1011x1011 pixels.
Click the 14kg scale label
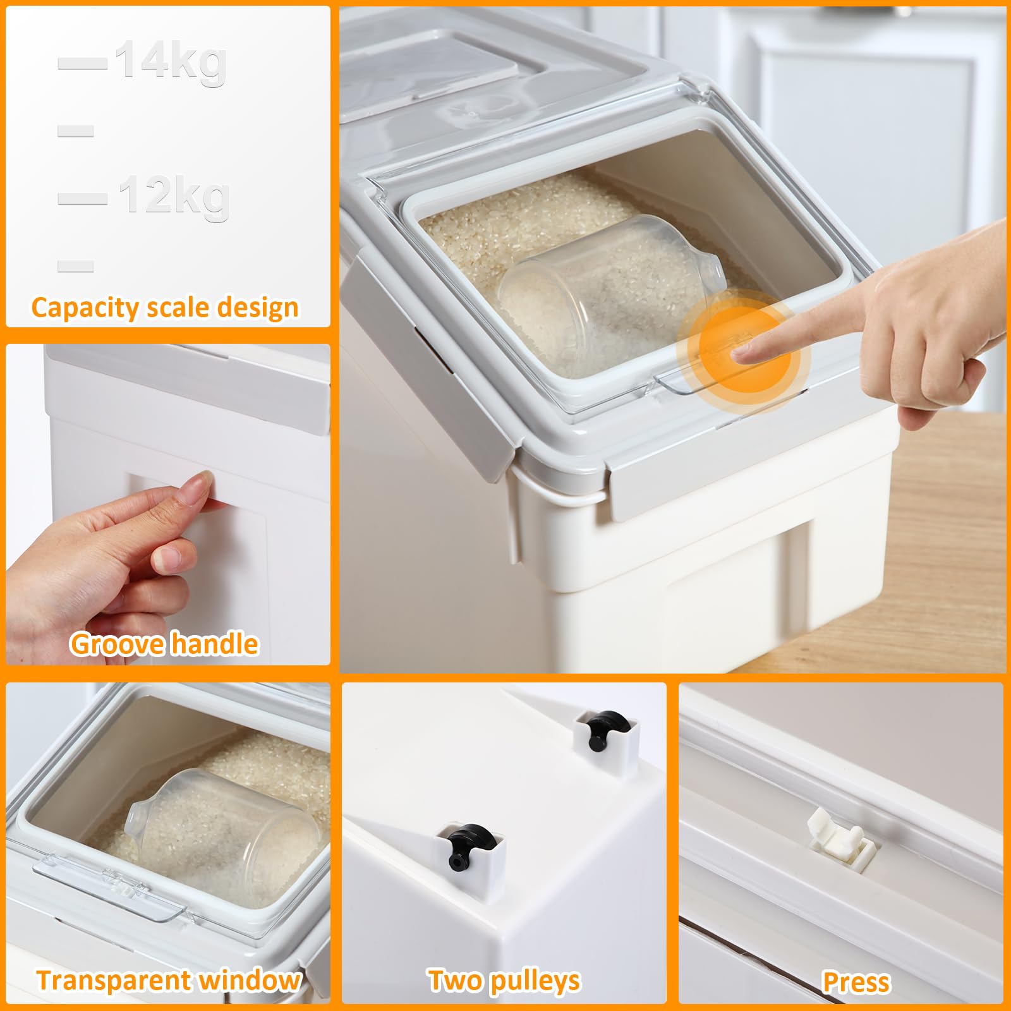[x=171, y=62]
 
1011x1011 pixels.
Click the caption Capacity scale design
[x=165, y=308]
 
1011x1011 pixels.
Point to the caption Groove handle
[x=164, y=644]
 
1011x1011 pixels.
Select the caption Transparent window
[x=168, y=980]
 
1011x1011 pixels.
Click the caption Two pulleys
[x=504, y=981]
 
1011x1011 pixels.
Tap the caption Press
[x=856, y=982]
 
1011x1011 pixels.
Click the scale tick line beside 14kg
[x=83, y=63]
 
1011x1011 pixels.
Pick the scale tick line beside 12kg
[x=83, y=198]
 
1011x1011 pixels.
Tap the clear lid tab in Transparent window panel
[x=111, y=881]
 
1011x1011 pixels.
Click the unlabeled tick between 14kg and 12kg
[x=76, y=131]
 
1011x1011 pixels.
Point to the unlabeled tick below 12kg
[x=76, y=265]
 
